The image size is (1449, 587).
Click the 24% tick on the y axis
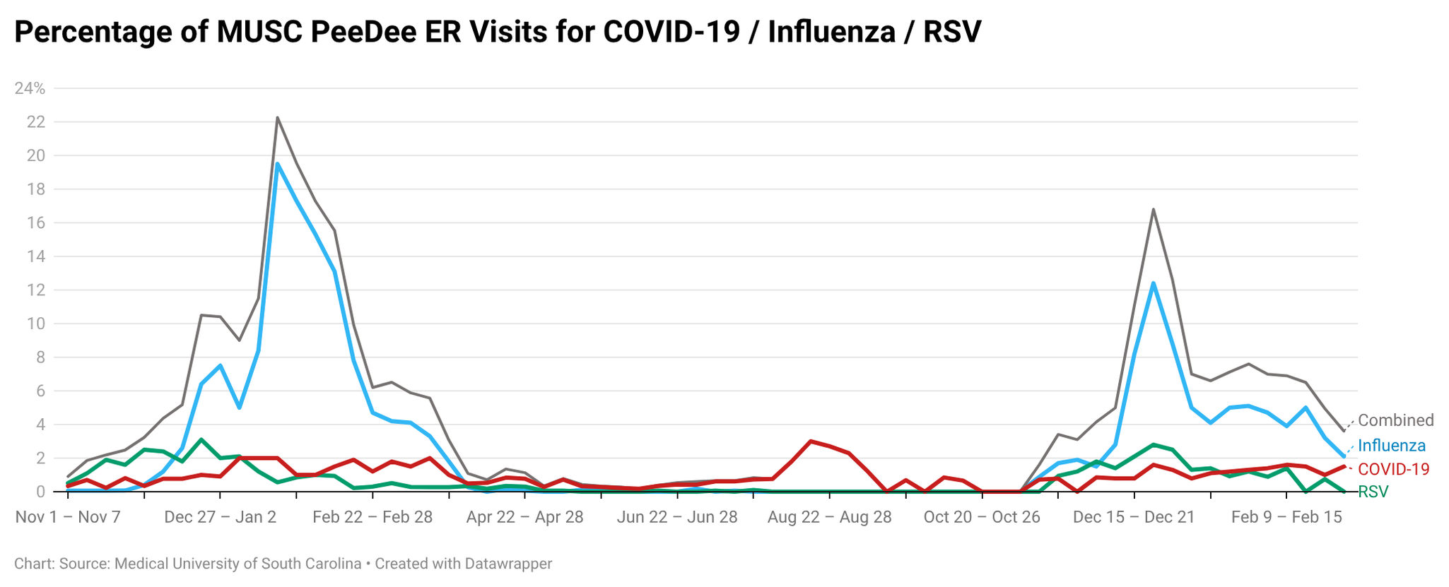tap(30, 89)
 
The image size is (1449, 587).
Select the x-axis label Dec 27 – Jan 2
tap(220, 517)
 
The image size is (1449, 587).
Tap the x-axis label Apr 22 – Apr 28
tap(524, 517)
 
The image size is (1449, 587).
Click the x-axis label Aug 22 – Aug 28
tap(829, 517)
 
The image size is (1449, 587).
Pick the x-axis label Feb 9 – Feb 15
tap(1286, 517)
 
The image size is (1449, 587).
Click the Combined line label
tap(1395, 421)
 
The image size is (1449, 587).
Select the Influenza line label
tap(1391, 446)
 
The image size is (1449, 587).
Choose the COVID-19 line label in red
tap(1393, 469)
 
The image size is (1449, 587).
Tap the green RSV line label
tap(1373, 492)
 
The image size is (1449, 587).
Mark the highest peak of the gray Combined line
tap(277, 117)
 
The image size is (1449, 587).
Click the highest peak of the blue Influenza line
tap(277, 164)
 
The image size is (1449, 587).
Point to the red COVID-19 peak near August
tap(811, 441)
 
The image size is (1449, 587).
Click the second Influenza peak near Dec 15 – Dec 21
tap(1153, 283)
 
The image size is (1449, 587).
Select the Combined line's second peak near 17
tap(1153, 209)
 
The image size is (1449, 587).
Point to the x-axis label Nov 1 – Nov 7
tap(68, 517)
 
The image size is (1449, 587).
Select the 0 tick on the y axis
tap(41, 492)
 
